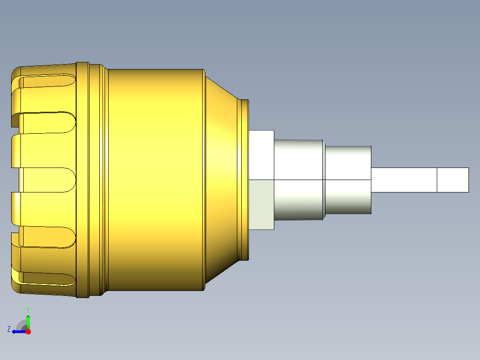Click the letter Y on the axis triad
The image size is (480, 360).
point(28,309)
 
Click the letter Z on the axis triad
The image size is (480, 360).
point(9,329)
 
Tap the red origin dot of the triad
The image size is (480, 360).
point(28,331)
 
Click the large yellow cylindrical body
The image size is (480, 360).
point(156,178)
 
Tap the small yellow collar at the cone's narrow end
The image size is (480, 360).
point(244,178)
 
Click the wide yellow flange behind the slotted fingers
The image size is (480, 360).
point(82,178)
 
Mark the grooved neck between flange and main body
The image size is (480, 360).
point(98,178)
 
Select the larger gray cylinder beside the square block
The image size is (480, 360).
point(298,180)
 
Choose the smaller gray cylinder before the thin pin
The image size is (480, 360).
point(348,180)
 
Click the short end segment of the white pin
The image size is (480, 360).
point(452,180)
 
